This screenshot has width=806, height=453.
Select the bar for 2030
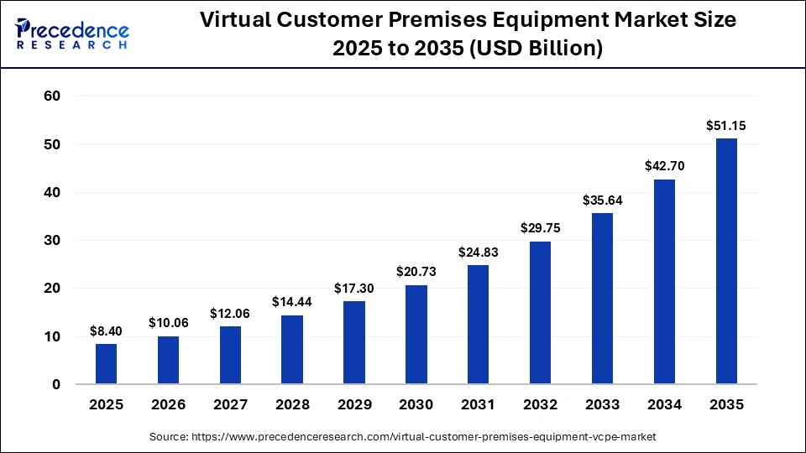[x=416, y=335]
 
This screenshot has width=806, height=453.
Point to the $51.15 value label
[x=726, y=126]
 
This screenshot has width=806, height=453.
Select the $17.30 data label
[x=354, y=288]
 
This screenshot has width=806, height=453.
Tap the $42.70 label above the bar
[x=664, y=166]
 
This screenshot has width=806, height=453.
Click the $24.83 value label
[x=479, y=252]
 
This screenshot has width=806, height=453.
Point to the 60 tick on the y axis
[x=52, y=96]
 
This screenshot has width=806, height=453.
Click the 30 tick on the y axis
[x=52, y=241]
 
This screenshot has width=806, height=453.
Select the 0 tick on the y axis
[x=56, y=385]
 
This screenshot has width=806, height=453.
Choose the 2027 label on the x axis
[x=230, y=405]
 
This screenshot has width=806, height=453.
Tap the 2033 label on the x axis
[x=602, y=405]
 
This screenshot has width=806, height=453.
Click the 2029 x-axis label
[x=354, y=405]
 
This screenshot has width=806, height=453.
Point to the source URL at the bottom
[x=403, y=437]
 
